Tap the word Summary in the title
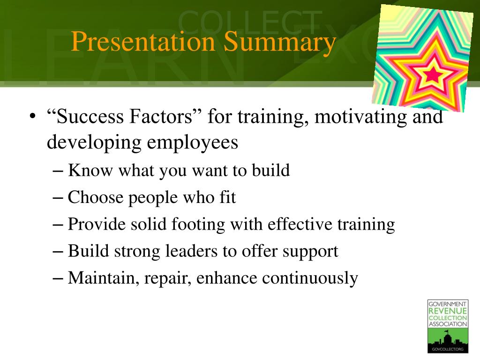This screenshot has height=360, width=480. click(x=280, y=44)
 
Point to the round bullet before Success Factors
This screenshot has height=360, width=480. click(x=33, y=117)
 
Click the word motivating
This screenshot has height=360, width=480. click(x=360, y=117)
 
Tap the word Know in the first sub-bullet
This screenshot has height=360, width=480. click(x=90, y=170)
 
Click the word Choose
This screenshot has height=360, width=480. click(x=95, y=197)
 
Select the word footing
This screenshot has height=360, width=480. click(x=198, y=225)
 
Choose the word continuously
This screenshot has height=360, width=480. click(x=310, y=278)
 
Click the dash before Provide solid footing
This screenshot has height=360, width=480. click(x=58, y=225)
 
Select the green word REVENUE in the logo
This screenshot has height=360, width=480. click(x=448, y=311)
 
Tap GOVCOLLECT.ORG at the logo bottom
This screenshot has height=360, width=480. click(x=448, y=349)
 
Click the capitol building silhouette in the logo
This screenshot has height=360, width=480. click(x=448, y=338)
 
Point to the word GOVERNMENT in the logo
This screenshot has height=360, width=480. click(x=447, y=304)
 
